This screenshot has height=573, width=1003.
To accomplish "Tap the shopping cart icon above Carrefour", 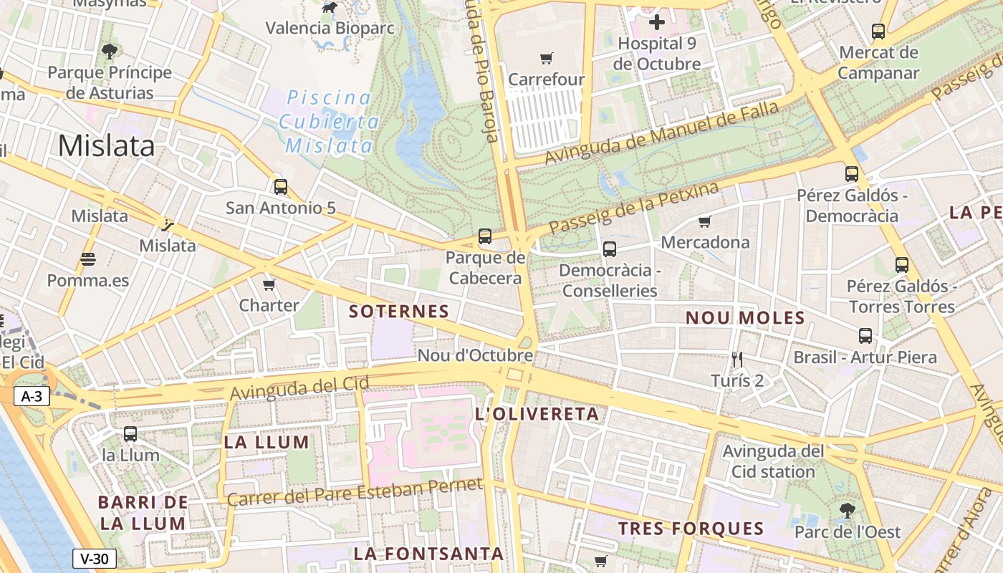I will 547,58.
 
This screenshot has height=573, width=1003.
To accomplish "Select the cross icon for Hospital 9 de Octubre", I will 656,22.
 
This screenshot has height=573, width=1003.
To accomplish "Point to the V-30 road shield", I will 94,559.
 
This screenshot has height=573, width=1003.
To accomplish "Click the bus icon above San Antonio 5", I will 280,187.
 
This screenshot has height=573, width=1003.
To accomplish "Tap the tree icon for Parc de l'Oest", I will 847,511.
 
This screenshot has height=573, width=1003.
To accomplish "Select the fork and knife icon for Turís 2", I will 737,359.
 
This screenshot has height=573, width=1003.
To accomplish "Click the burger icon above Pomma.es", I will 88,259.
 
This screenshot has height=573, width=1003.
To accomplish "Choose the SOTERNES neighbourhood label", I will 398,312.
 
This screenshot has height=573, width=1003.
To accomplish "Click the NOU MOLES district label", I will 745,318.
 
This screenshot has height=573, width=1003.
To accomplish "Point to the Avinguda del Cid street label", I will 299,388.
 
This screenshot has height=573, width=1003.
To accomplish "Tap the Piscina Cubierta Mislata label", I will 330,122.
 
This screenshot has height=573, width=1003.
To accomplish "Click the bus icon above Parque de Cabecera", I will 485,236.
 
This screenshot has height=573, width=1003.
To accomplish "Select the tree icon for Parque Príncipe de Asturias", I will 110,52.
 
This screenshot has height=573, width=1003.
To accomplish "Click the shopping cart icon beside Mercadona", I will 704,222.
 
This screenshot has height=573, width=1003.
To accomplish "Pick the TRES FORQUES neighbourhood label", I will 691,529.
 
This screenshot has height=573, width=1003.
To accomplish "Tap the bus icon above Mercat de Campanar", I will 878,32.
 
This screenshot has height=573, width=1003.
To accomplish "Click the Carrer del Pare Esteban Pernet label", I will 355,493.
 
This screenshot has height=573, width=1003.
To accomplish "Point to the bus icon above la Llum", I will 130,434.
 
